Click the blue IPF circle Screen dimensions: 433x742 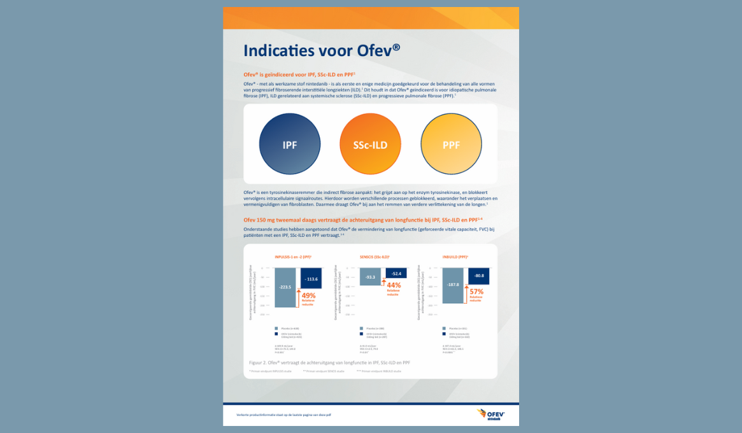coord(290,145)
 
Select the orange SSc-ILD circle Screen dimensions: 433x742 coord(370,145)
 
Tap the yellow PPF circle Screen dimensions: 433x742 coord(451,145)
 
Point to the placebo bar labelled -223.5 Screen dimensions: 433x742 coord(285,287)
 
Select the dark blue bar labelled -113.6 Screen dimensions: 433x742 coord(311,279)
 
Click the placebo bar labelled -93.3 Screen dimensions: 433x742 coord(370,277)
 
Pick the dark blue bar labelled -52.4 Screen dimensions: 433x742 coord(396,273)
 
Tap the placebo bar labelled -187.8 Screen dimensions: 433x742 coord(453,285)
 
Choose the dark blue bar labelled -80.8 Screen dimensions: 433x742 coord(479,276)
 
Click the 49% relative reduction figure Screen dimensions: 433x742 coord(308,295)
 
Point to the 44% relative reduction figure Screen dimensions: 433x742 coord(394,285)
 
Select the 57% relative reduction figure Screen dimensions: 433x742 coord(476,292)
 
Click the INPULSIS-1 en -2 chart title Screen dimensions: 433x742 coord(292,257)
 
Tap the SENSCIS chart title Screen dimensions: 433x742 coord(375,257)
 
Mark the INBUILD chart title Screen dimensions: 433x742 coord(455,257)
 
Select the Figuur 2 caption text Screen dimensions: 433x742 coord(329,362)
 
